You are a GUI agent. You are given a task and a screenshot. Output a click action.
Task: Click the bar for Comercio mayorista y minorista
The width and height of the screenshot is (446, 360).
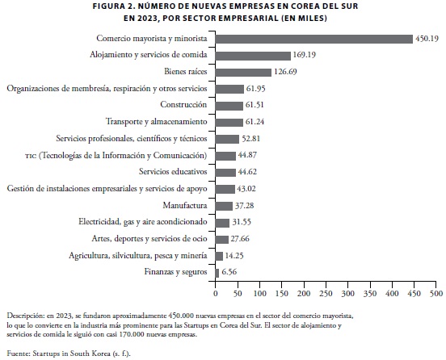314,39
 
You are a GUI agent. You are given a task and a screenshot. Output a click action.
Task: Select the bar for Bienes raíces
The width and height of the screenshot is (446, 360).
243,73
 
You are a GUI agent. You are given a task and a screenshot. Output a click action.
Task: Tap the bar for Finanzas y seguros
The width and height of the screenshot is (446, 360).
217,273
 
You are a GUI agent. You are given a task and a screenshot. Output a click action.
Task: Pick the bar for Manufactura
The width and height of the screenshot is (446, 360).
224,206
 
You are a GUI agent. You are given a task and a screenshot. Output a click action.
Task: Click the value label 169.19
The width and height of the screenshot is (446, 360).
304,55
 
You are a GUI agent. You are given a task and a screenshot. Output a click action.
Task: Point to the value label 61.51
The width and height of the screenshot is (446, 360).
255,105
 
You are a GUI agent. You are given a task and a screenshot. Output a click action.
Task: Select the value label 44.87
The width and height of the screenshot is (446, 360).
247,155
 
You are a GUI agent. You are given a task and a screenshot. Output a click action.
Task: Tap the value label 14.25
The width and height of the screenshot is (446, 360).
234,256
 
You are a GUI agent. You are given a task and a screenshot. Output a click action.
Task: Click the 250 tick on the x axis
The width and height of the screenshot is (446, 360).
326,294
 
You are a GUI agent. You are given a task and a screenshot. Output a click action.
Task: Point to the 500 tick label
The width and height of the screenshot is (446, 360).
436,294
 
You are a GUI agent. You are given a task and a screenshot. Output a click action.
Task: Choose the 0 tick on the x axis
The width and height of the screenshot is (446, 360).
216,294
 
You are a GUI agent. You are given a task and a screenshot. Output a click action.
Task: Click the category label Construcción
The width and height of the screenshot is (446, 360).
183,105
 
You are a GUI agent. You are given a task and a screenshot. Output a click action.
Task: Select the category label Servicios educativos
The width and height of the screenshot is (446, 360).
173,172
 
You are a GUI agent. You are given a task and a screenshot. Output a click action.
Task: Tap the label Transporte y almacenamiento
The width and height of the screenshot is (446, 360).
157,122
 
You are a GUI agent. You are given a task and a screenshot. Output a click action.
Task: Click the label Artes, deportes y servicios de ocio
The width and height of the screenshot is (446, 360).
149,239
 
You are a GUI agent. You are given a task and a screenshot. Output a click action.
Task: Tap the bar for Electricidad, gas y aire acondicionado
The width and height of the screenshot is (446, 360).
222,223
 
